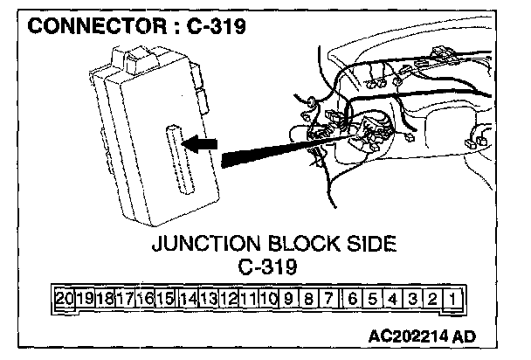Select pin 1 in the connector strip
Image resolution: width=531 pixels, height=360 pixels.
click(455, 300)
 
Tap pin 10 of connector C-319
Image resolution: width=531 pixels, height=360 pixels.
click(269, 300)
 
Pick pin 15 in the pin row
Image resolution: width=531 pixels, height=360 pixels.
click(166, 300)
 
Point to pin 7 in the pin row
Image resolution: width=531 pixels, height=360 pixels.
click(330, 300)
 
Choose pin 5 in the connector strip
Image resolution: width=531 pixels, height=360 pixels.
click(372, 300)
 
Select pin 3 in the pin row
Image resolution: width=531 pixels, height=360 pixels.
click(413, 300)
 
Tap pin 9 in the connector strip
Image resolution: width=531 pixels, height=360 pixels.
click(289, 300)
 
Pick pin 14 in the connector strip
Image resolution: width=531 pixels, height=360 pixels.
click(187, 300)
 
